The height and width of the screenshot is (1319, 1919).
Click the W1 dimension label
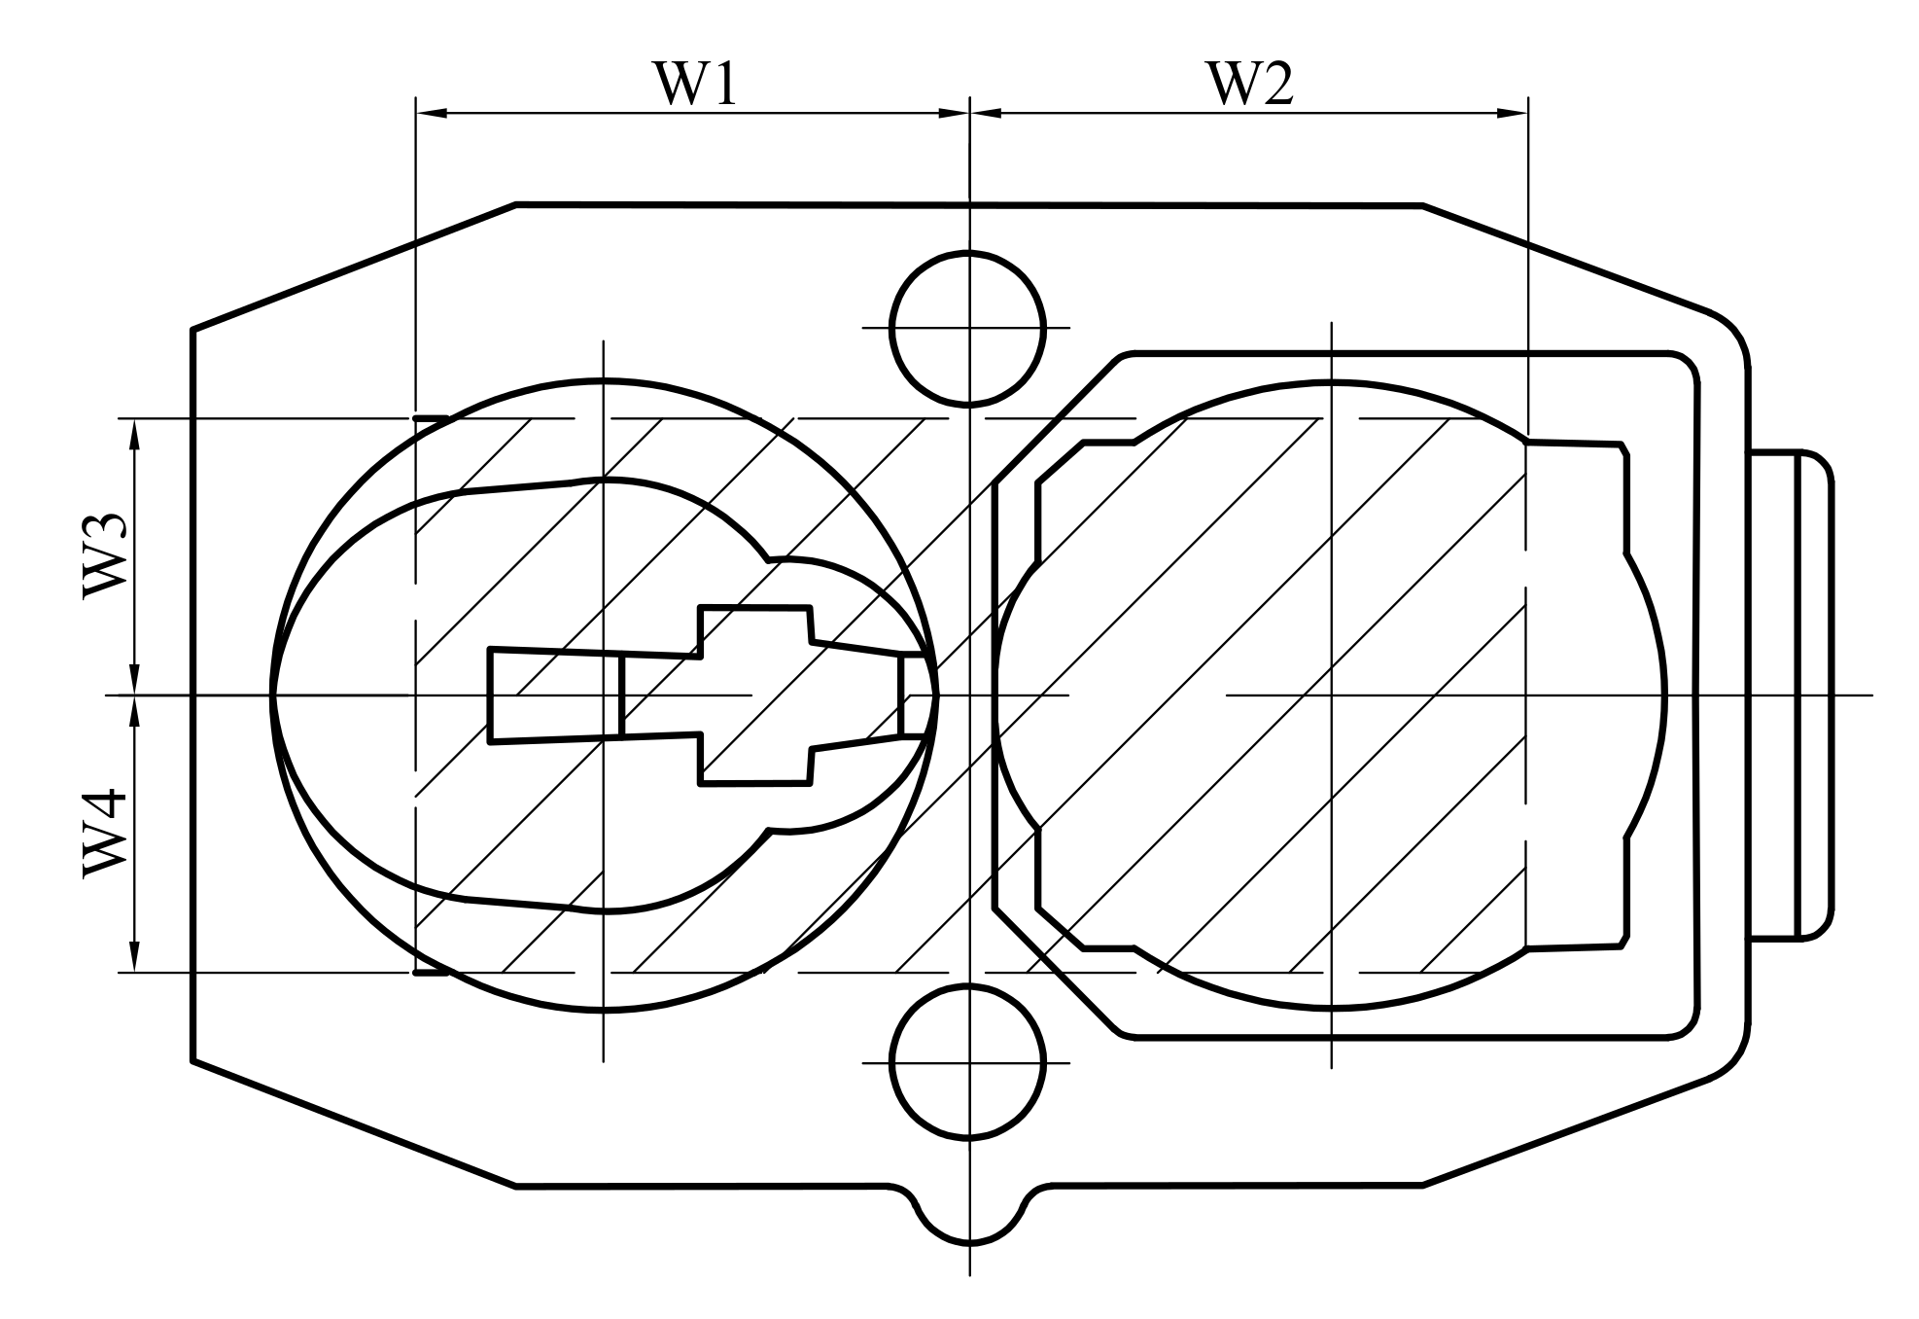click(x=696, y=84)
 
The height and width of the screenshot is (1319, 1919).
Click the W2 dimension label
click(x=1250, y=84)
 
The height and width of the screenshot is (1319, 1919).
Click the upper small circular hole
click(x=968, y=328)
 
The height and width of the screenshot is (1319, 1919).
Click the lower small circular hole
click(x=968, y=1062)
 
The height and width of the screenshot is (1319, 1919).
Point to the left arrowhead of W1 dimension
click(x=431, y=114)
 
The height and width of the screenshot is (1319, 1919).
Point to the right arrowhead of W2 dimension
click(x=1513, y=114)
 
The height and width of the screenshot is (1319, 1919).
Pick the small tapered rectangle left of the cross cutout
click(x=554, y=695)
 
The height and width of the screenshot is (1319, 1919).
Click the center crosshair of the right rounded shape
click(x=1331, y=695)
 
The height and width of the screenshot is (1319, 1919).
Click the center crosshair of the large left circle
click(x=603, y=695)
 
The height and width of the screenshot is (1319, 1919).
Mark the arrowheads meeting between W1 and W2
click(x=969, y=114)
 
